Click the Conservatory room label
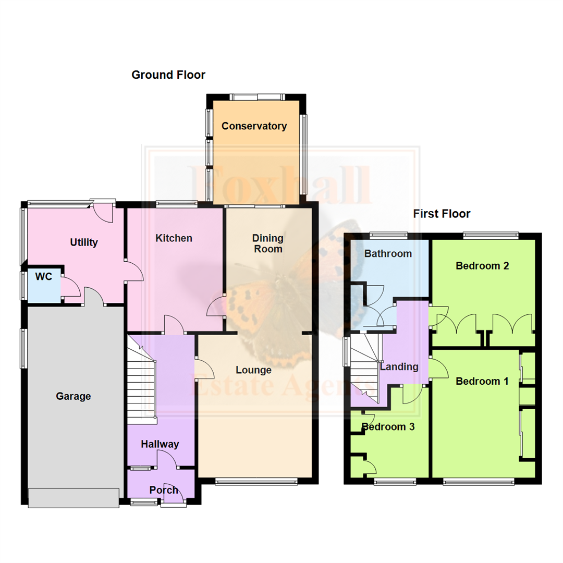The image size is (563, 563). [x=254, y=126]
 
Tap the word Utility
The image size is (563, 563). [x=84, y=242]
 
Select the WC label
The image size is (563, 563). [x=44, y=277]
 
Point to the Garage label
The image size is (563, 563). [x=74, y=396]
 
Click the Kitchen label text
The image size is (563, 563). [x=174, y=238]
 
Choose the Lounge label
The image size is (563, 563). [x=254, y=370]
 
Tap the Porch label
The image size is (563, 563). [x=164, y=490]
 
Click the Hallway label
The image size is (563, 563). [x=160, y=444]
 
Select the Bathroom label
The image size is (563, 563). [x=388, y=254]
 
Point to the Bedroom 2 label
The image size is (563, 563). [x=482, y=265]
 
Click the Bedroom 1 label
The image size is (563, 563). [x=482, y=381]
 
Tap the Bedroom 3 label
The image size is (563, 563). [x=388, y=427]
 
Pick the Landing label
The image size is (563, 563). [x=399, y=366]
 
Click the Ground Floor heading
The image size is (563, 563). [x=168, y=75]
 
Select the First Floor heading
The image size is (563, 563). [x=442, y=214]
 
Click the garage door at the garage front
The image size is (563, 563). [x=74, y=498]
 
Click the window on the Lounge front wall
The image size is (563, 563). [x=256, y=481]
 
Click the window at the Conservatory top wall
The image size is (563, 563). [x=257, y=96]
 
